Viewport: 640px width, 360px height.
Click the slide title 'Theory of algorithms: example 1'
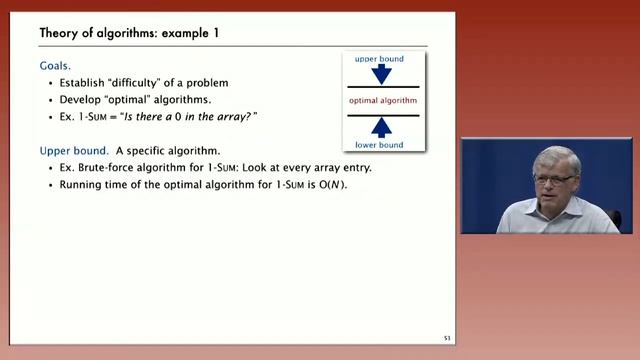click(129, 33)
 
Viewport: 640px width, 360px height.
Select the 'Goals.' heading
click(57, 65)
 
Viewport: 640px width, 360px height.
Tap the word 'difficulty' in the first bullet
click(142, 83)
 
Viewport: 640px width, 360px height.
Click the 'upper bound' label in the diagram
click(380, 60)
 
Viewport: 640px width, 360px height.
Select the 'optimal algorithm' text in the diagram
click(381, 102)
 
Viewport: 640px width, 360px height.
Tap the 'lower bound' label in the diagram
click(380, 145)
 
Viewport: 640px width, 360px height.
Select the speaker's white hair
click(556, 158)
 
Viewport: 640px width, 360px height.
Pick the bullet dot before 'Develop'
click(50, 101)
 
